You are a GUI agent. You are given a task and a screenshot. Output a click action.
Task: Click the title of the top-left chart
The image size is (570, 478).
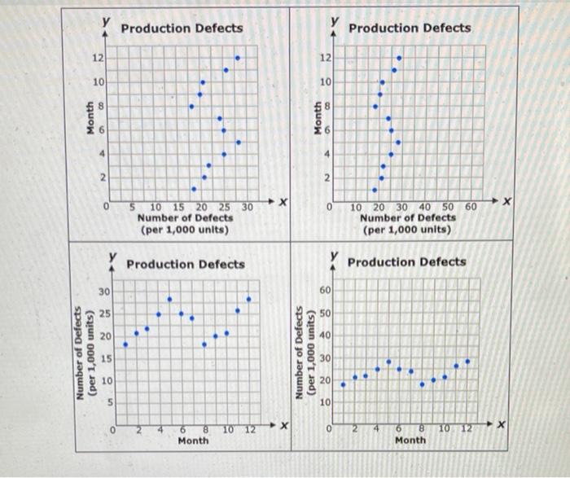tap(181, 28)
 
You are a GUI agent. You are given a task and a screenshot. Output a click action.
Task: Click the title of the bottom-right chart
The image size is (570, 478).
tap(407, 261)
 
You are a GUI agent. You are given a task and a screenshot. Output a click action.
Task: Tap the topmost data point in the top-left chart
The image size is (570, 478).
tap(237, 58)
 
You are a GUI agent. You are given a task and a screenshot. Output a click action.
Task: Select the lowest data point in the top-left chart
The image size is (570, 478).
tap(193, 189)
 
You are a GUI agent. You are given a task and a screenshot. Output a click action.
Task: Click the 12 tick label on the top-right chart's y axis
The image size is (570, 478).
tap(325, 58)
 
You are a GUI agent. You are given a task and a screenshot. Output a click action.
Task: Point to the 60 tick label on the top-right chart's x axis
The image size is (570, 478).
tap(470, 208)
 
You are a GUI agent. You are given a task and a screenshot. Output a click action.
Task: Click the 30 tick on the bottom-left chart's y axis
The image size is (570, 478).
tap(103, 291)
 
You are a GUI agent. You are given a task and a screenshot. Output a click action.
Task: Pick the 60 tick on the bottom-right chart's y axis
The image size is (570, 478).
tap(325, 290)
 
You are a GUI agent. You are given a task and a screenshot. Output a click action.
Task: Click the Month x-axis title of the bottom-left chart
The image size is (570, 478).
tap(193, 441)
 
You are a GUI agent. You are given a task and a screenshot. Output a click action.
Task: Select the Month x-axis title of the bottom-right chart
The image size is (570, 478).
tap(410, 440)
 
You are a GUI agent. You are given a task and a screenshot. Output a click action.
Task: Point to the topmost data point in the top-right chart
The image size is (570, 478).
tap(398, 58)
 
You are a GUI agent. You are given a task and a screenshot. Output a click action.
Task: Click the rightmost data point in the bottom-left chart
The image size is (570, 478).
tap(248, 299)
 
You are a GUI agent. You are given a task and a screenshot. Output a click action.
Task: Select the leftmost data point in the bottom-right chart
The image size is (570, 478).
tap(343, 384)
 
